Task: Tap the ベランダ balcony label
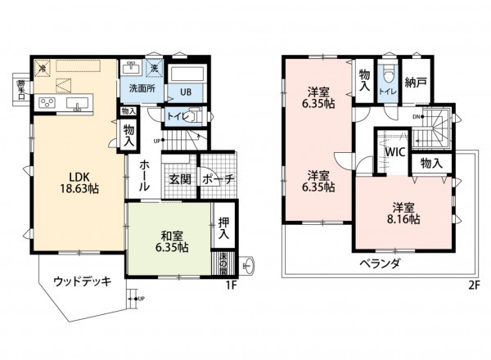click(x=378, y=263)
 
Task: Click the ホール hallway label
click(x=144, y=176)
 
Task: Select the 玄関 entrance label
click(x=179, y=179)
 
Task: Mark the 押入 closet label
click(x=223, y=228)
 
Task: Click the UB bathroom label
click(x=186, y=92)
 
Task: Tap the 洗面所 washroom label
click(x=137, y=88)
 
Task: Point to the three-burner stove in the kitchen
click(x=46, y=103)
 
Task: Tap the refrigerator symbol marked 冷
click(x=43, y=68)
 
